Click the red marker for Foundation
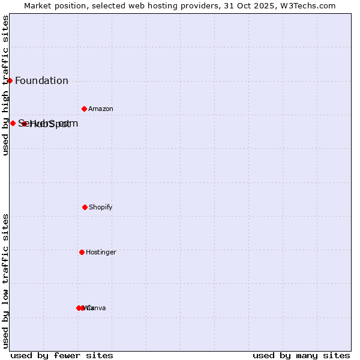(x=10, y=80)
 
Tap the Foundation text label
(x=41, y=81)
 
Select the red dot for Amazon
(x=84, y=109)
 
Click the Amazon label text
(x=100, y=109)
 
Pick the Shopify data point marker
(x=85, y=207)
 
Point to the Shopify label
(x=100, y=207)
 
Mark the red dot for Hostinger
(x=82, y=252)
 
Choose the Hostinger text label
(x=101, y=252)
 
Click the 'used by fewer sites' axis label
(x=61, y=355)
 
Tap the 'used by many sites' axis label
(x=301, y=355)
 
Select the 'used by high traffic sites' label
(x=5, y=85)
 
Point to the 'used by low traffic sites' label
(x=5, y=281)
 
